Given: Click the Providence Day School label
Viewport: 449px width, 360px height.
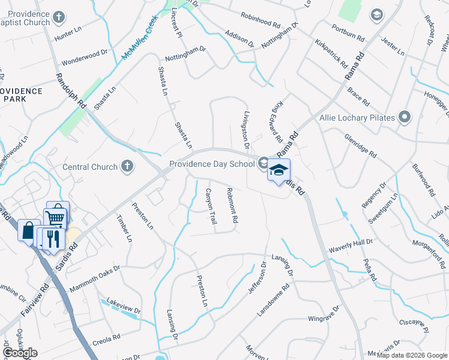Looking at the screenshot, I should click(212, 163).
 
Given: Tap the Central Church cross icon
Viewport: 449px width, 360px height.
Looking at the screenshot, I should click(127, 166).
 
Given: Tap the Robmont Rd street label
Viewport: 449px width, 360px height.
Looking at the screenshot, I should click(232, 206).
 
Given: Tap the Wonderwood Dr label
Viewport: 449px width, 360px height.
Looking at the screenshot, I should click(84, 58).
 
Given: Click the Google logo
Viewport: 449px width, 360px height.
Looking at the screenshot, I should click(20, 353).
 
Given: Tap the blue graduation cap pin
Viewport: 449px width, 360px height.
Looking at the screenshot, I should click(278, 171).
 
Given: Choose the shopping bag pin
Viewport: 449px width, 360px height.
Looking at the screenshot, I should click(29, 230).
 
